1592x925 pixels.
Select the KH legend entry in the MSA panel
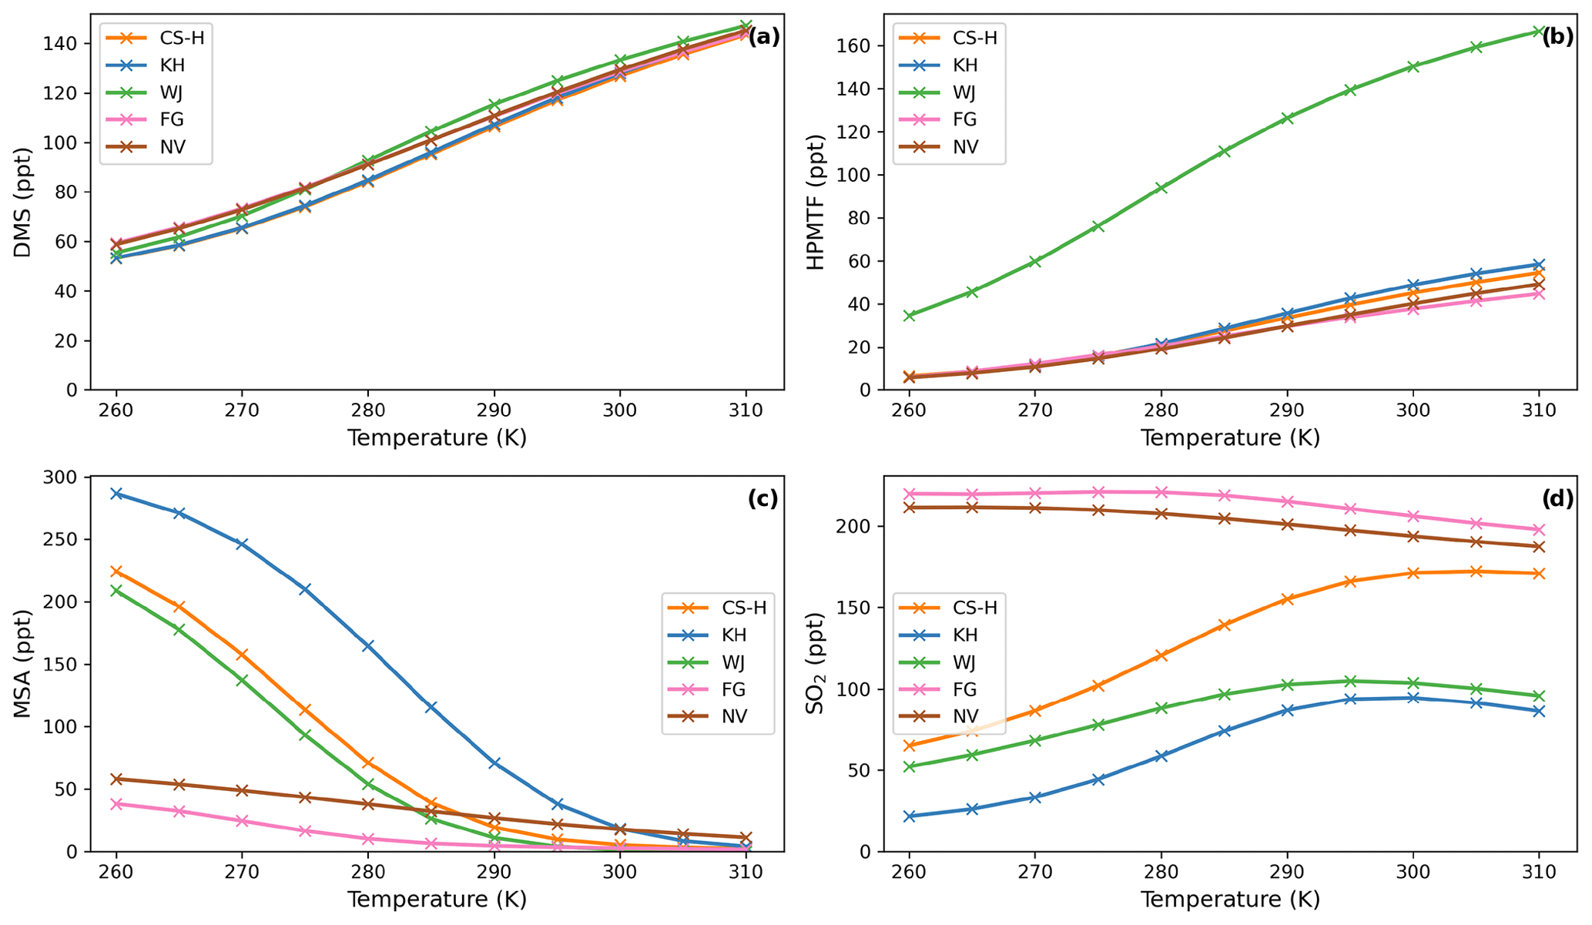734,635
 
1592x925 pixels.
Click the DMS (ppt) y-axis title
23,202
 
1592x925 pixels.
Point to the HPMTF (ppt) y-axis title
815,202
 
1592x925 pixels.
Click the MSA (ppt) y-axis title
23,663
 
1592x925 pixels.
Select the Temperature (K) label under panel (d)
1230,900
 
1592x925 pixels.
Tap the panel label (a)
764,36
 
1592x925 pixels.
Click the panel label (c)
762,499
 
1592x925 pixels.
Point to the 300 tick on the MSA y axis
63,478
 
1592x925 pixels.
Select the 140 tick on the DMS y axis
63,44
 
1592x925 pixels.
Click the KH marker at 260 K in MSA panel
116,494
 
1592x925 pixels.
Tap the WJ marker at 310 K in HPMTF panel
1539,32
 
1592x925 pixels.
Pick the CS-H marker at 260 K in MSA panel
116,571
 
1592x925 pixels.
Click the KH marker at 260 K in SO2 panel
909,816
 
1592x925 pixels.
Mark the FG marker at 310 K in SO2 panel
1539,530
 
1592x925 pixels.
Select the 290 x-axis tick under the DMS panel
494,410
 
